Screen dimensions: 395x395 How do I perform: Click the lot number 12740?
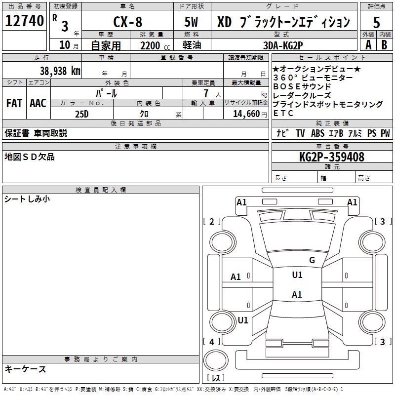pyautogui.click(x=25, y=21)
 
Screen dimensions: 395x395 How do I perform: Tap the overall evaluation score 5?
pyautogui.click(x=377, y=22)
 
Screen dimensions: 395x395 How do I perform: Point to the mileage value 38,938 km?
pyautogui.click(x=60, y=71)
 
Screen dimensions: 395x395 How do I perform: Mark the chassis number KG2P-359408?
pyautogui.click(x=332, y=157)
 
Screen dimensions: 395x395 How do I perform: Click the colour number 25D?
pyautogui.click(x=81, y=114)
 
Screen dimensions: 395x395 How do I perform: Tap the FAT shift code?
pyautogui.click(x=14, y=103)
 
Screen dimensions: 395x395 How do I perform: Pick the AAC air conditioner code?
pyautogui.click(x=38, y=103)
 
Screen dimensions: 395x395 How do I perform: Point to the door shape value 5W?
pyautogui.click(x=192, y=22)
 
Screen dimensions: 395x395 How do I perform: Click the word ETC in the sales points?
pyautogui.click(x=283, y=113)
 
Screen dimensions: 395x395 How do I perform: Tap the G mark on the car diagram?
pyautogui.click(x=312, y=260)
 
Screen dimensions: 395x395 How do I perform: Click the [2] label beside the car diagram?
pyautogui.click(x=212, y=222)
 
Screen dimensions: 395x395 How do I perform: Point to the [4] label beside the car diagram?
pyautogui.click(x=212, y=342)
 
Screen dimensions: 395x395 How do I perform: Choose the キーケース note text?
pyautogui.click(x=26, y=369)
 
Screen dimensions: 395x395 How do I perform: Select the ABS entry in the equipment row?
pyautogui.click(x=318, y=133)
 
